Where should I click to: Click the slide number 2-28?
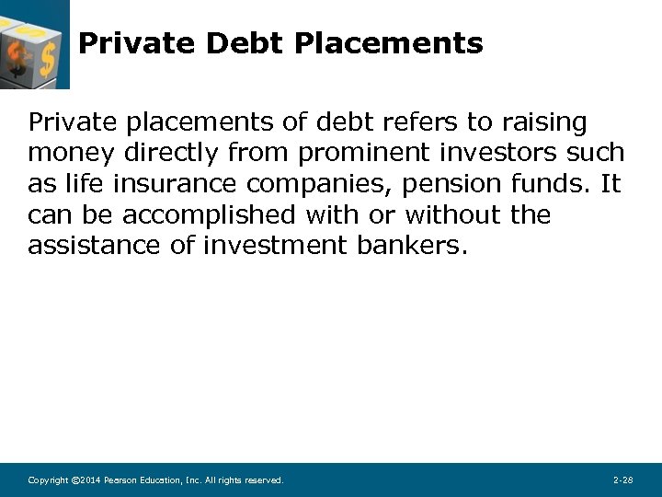click(622, 480)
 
